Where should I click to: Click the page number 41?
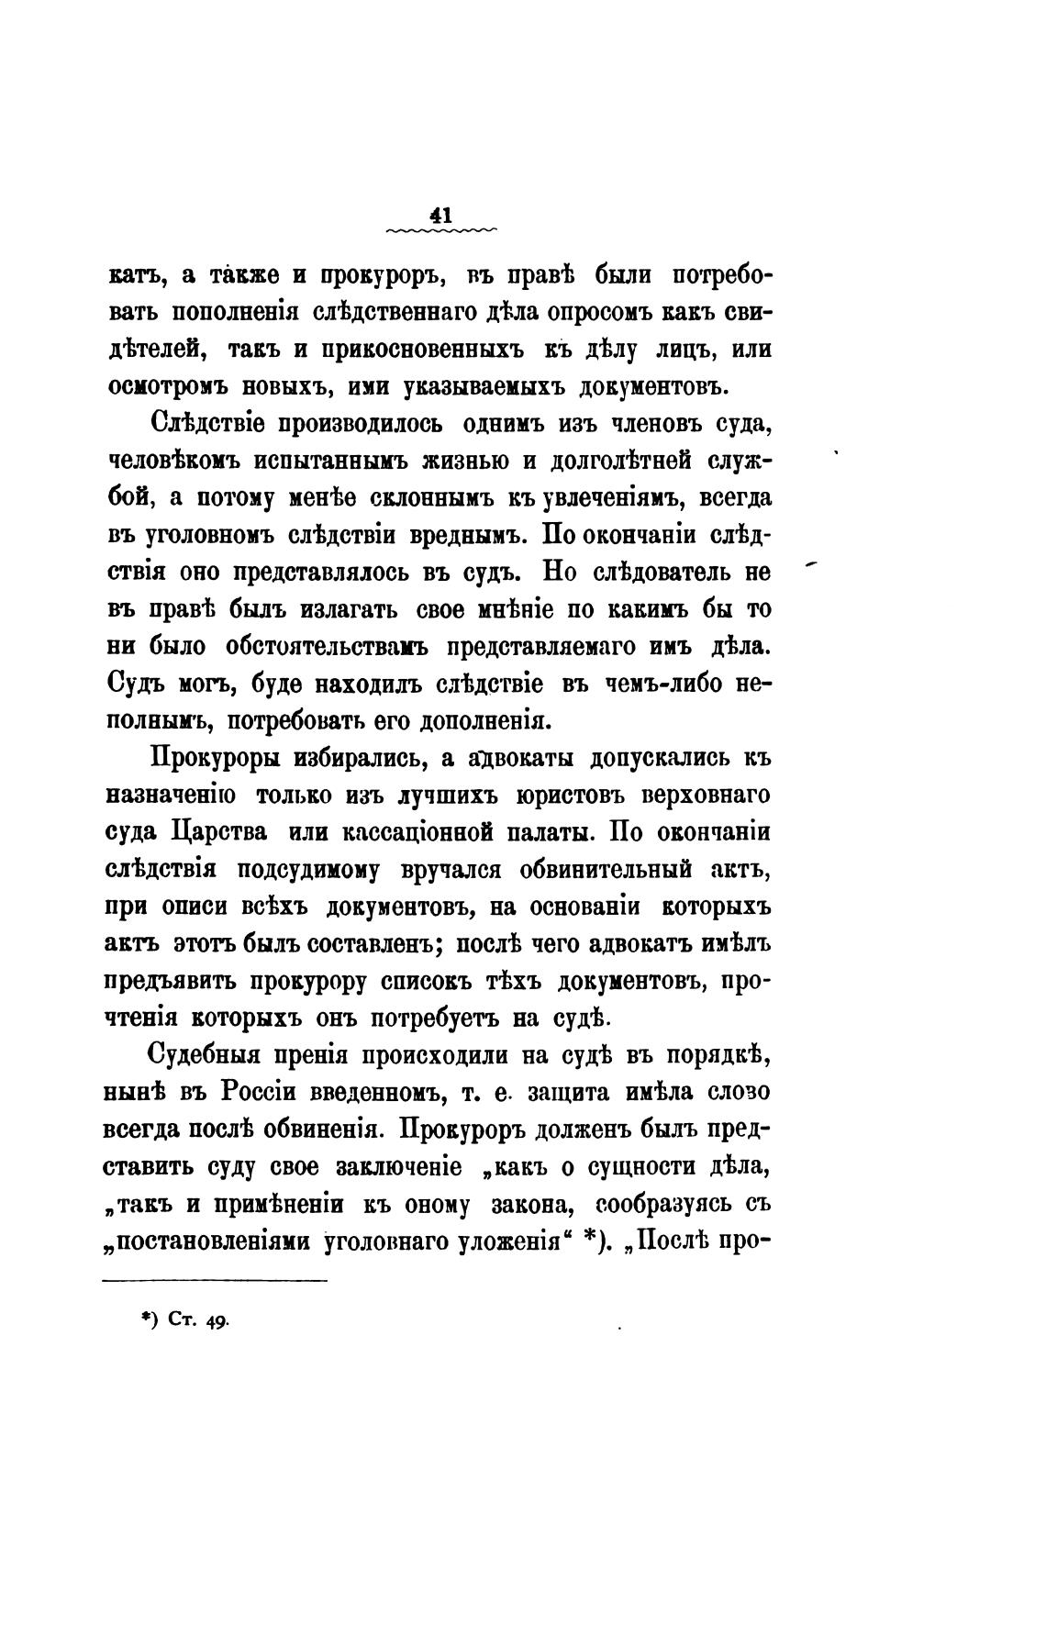[x=441, y=215]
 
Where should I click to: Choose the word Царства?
[x=219, y=831]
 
